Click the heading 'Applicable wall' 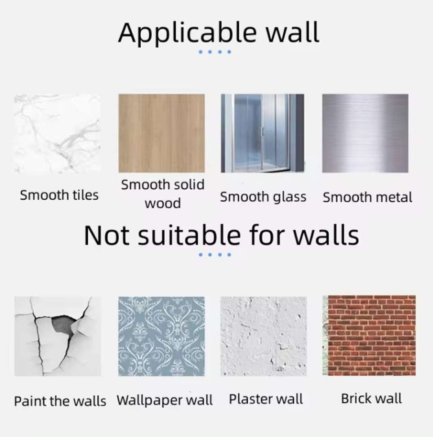(x=219, y=32)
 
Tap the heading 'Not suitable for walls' (x=221, y=235)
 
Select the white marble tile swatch (x=57, y=134)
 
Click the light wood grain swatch (x=161, y=133)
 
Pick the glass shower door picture (x=263, y=133)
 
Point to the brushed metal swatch (x=365, y=133)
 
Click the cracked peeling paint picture (x=58, y=336)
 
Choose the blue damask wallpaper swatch (x=161, y=336)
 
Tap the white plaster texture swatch (x=263, y=336)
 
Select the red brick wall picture (x=369, y=335)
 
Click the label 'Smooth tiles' (x=59, y=195)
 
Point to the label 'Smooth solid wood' (x=163, y=194)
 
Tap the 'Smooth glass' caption (x=263, y=197)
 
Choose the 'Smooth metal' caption (x=367, y=197)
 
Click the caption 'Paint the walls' (x=60, y=401)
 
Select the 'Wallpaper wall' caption (x=165, y=400)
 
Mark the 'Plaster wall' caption (x=266, y=399)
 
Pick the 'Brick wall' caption (x=371, y=398)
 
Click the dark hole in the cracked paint (x=63, y=325)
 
